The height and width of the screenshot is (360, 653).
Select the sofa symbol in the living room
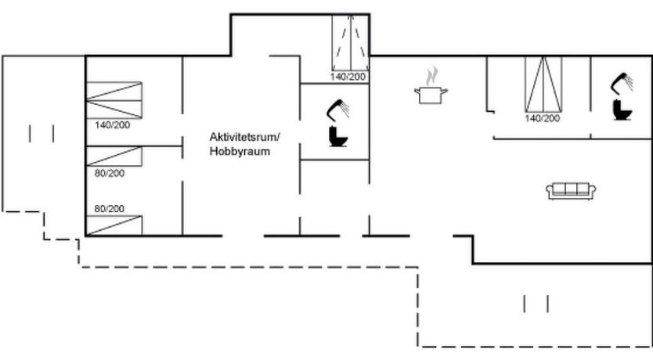(x=571, y=189)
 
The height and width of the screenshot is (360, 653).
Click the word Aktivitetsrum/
(x=244, y=137)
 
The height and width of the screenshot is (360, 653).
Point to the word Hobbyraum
(x=240, y=152)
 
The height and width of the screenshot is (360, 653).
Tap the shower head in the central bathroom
(x=339, y=108)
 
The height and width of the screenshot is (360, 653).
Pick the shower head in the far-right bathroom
(x=624, y=81)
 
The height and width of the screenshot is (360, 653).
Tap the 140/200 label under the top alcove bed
(x=348, y=77)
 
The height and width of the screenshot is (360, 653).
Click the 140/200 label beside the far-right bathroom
(x=543, y=118)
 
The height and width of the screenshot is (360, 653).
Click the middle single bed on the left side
(x=114, y=157)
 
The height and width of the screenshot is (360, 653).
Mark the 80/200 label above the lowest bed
(x=110, y=208)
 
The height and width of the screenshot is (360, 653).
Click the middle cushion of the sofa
(x=571, y=189)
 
